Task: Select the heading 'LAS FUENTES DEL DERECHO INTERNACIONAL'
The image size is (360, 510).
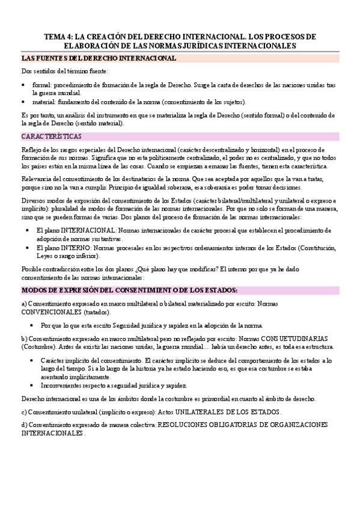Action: [99, 58]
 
